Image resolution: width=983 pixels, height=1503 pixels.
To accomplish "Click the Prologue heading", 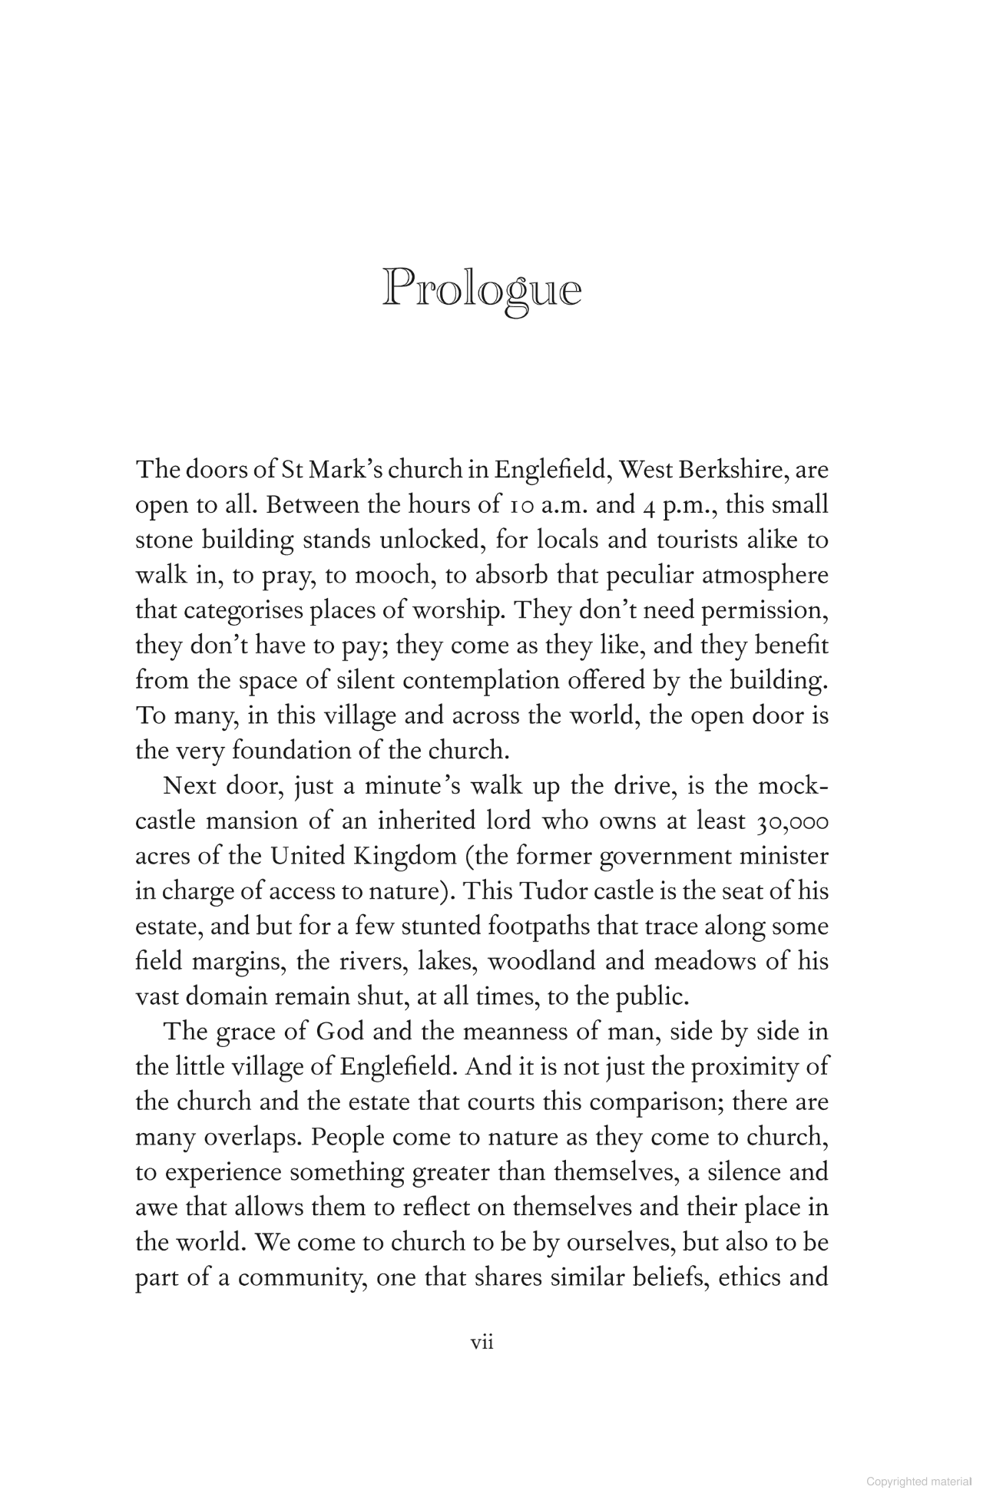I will click(x=482, y=289).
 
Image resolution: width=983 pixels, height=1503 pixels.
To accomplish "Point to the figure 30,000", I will click(x=792, y=822).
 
